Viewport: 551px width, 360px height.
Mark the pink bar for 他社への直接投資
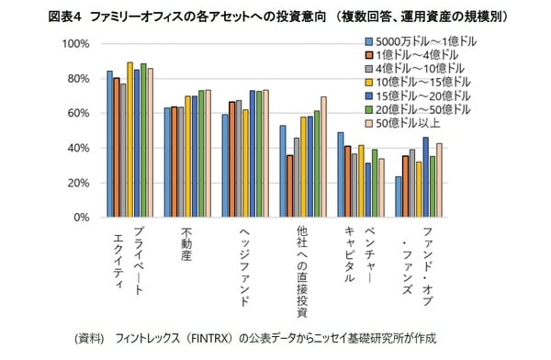pos(324,157)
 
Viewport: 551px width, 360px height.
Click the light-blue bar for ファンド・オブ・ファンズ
pos(399,197)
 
